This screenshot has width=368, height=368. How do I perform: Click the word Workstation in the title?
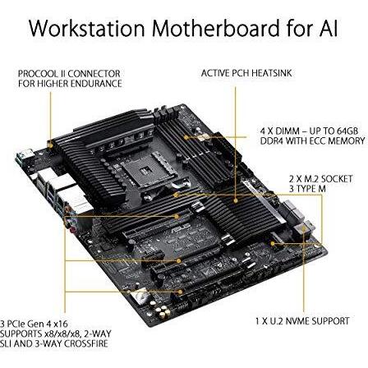click(86, 28)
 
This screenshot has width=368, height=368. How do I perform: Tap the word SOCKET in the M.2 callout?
click(337, 179)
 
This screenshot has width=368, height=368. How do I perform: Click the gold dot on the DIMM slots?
click(186, 137)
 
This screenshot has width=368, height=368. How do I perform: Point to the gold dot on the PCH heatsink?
click(235, 200)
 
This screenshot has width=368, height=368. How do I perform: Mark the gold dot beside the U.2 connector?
click(273, 243)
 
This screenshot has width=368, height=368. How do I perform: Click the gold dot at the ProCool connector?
click(51, 145)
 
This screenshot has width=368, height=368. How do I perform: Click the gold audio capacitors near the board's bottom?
click(162, 311)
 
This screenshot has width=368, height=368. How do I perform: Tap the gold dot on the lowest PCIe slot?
click(180, 292)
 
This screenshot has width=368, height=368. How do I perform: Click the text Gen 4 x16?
click(48, 324)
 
